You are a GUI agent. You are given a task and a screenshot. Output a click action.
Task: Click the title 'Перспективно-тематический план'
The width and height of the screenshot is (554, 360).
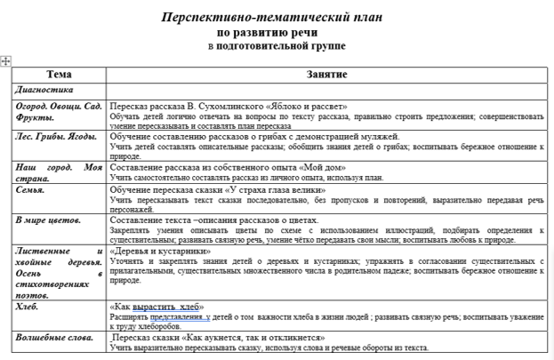(277, 18)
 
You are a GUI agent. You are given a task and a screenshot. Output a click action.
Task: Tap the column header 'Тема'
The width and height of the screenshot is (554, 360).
(60, 75)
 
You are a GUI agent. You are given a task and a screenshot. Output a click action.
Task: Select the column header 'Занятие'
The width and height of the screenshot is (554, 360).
(325, 75)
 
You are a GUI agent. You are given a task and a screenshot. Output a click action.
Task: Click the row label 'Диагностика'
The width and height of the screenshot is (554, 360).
(45, 90)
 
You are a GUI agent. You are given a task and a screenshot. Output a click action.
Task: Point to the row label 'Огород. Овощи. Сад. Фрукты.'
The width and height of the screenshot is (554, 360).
(60, 111)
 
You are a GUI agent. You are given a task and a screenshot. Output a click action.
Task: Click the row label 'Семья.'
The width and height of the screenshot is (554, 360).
(32, 189)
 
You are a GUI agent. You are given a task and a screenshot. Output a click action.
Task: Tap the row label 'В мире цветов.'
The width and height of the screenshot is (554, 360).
(50, 219)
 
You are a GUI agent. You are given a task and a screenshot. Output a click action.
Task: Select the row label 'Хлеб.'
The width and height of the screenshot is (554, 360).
(28, 306)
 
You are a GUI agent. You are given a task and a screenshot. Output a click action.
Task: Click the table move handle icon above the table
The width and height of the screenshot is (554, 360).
(6, 60)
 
